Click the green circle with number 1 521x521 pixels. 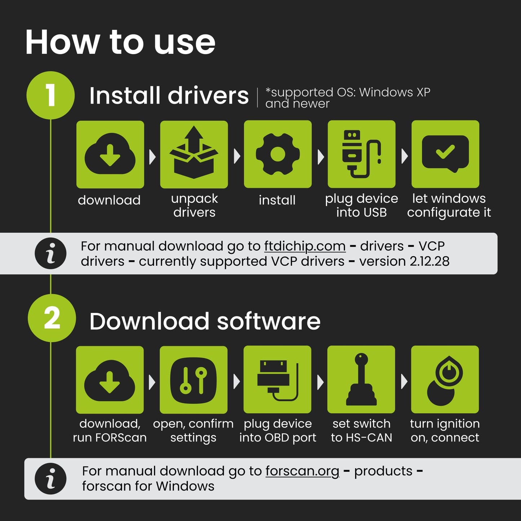(x=50, y=95)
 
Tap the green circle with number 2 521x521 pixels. (x=52, y=318)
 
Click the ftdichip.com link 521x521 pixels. (x=305, y=246)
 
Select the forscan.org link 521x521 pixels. (x=302, y=472)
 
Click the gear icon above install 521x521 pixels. (x=278, y=154)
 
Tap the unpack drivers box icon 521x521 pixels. (x=194, y=152)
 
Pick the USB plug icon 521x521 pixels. (x=362, y=154)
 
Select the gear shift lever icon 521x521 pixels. (x=361, y=379)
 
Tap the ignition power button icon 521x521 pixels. (x=445, y=381)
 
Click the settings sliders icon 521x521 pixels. (x=193, y=380)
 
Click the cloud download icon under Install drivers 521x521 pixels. (x=110, y=154)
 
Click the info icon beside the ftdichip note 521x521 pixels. (x=50, y=253)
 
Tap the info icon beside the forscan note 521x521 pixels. (x=50, y=479)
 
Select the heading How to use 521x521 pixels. (x=120, y=43)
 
